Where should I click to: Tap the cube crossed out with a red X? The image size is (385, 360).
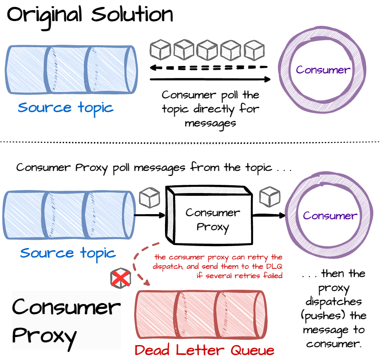[121, 278]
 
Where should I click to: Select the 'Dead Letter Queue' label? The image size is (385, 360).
[204, 350]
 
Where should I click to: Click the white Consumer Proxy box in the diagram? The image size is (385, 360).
[209, 215]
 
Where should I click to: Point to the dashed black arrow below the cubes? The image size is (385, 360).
[209, 67]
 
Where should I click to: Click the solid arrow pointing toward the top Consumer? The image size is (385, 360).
[210, 79]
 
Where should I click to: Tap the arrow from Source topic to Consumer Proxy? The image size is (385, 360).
[149, 215]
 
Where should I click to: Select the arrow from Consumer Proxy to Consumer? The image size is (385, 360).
[269, 215]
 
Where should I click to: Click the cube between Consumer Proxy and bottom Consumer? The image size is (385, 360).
[270, 197]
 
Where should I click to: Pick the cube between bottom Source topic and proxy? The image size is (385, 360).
[149, 198]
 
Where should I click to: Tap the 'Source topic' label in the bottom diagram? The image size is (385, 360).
[68, 254]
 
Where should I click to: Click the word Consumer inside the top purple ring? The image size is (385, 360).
[323, 70]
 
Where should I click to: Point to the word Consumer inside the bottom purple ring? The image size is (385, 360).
[330, 216]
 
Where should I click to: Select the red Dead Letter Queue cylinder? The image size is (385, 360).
[201, 315]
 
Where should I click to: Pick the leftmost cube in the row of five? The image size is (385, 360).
[160, 50]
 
